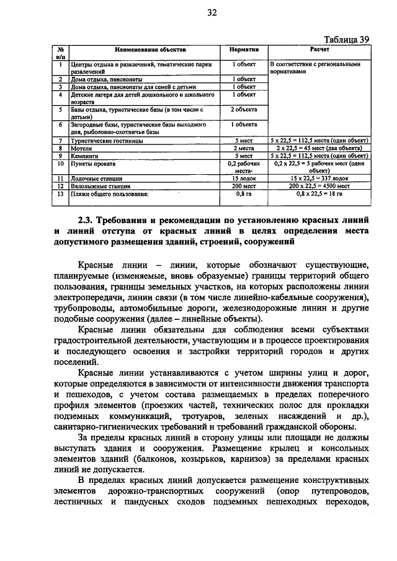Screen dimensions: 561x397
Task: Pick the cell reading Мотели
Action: tap(80, 149)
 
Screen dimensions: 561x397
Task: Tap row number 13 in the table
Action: tap(60, 194)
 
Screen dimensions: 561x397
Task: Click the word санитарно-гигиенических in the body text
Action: tap(130, 426)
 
